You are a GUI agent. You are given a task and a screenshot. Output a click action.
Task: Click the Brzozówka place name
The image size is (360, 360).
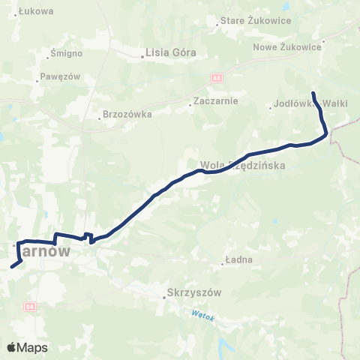[129, 115]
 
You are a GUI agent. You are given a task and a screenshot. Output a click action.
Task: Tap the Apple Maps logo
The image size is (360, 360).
[27, 347]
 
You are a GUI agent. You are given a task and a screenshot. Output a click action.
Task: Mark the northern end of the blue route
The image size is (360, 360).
[313, 93]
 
